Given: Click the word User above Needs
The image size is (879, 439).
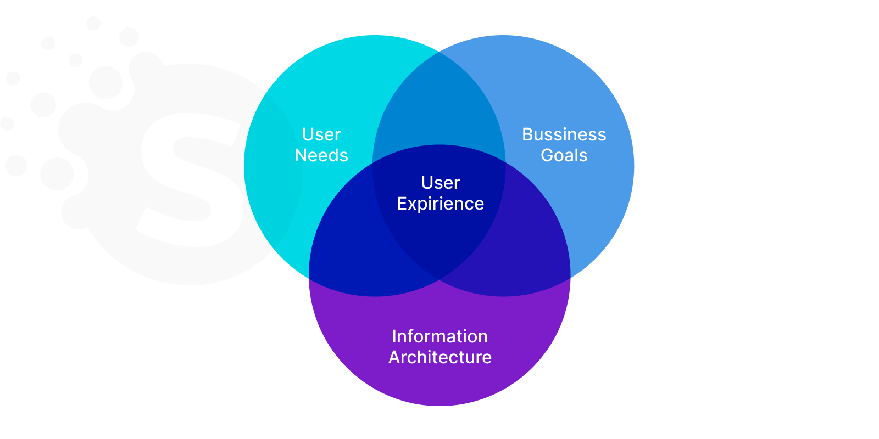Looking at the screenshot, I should point(321,134).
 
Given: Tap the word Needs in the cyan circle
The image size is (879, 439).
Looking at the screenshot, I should point(321,155).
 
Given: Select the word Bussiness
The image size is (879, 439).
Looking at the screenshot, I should point(564,134).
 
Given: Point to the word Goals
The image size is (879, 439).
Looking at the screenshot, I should point(564,155).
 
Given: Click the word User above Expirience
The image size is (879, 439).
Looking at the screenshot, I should point(440,183).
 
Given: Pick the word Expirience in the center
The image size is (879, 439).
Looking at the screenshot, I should point(440,204).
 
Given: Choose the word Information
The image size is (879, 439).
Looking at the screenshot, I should point(439,336).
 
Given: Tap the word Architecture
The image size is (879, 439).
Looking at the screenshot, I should point(439,357).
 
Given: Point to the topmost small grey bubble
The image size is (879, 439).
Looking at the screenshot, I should point(93,23).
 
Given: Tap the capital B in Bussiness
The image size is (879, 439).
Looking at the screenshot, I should point(527,134).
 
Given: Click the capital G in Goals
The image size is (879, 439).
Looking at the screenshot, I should point(547,155).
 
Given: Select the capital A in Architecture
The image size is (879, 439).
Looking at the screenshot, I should point(394,357).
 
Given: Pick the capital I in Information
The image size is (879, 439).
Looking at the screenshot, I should point(394,336).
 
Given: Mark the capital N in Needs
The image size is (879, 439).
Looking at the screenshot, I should point(301,155).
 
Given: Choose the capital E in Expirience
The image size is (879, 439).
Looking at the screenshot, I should point(402,204).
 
